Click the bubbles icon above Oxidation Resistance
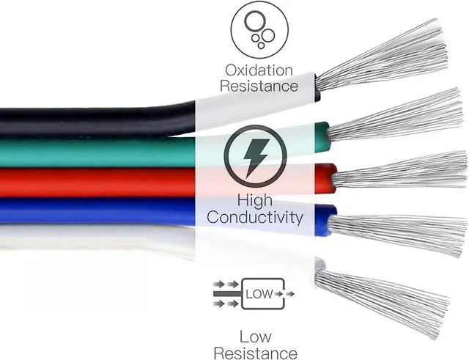[259, 30]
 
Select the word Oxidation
[259, 70]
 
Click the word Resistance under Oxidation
[262, 86]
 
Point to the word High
[255, 200]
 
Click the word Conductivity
[254, 217]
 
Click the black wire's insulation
[88, 120]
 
